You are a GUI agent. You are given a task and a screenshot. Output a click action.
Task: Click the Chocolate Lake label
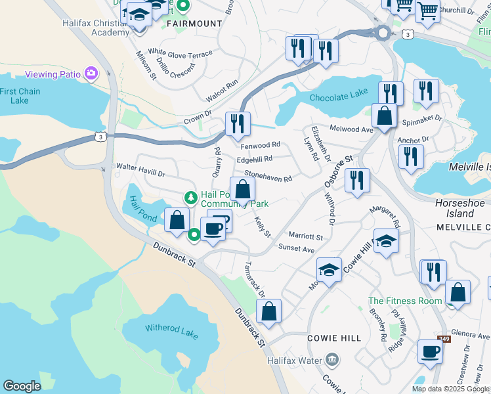click(x=338, y=95)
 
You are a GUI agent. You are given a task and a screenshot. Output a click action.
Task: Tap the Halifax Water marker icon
click(x=331, y=360)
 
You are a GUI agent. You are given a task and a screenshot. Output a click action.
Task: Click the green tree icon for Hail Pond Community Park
click(x=190, y=197)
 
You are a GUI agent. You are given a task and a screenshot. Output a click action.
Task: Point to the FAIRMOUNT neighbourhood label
click(x=194, y=24)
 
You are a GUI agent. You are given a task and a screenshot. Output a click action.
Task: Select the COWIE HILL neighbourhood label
click(x=334, y=338)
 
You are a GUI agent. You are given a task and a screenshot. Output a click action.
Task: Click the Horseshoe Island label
click(x=454, y=208)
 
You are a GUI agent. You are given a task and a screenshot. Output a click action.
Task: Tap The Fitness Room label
click(x=404, y=301)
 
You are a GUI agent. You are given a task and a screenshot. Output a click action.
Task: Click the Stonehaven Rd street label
click(x=268, y=176)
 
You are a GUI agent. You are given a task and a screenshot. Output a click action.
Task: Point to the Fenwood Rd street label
click(x=261, y=144)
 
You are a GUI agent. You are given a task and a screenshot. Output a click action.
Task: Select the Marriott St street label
click(x=306, y=236)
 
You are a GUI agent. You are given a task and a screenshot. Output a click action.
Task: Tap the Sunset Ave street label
click(x=296, y=250)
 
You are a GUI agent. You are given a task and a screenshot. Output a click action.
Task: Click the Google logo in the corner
click(x=22, y=386)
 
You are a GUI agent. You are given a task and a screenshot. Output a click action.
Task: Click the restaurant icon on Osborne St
click(x=357, y=181)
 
